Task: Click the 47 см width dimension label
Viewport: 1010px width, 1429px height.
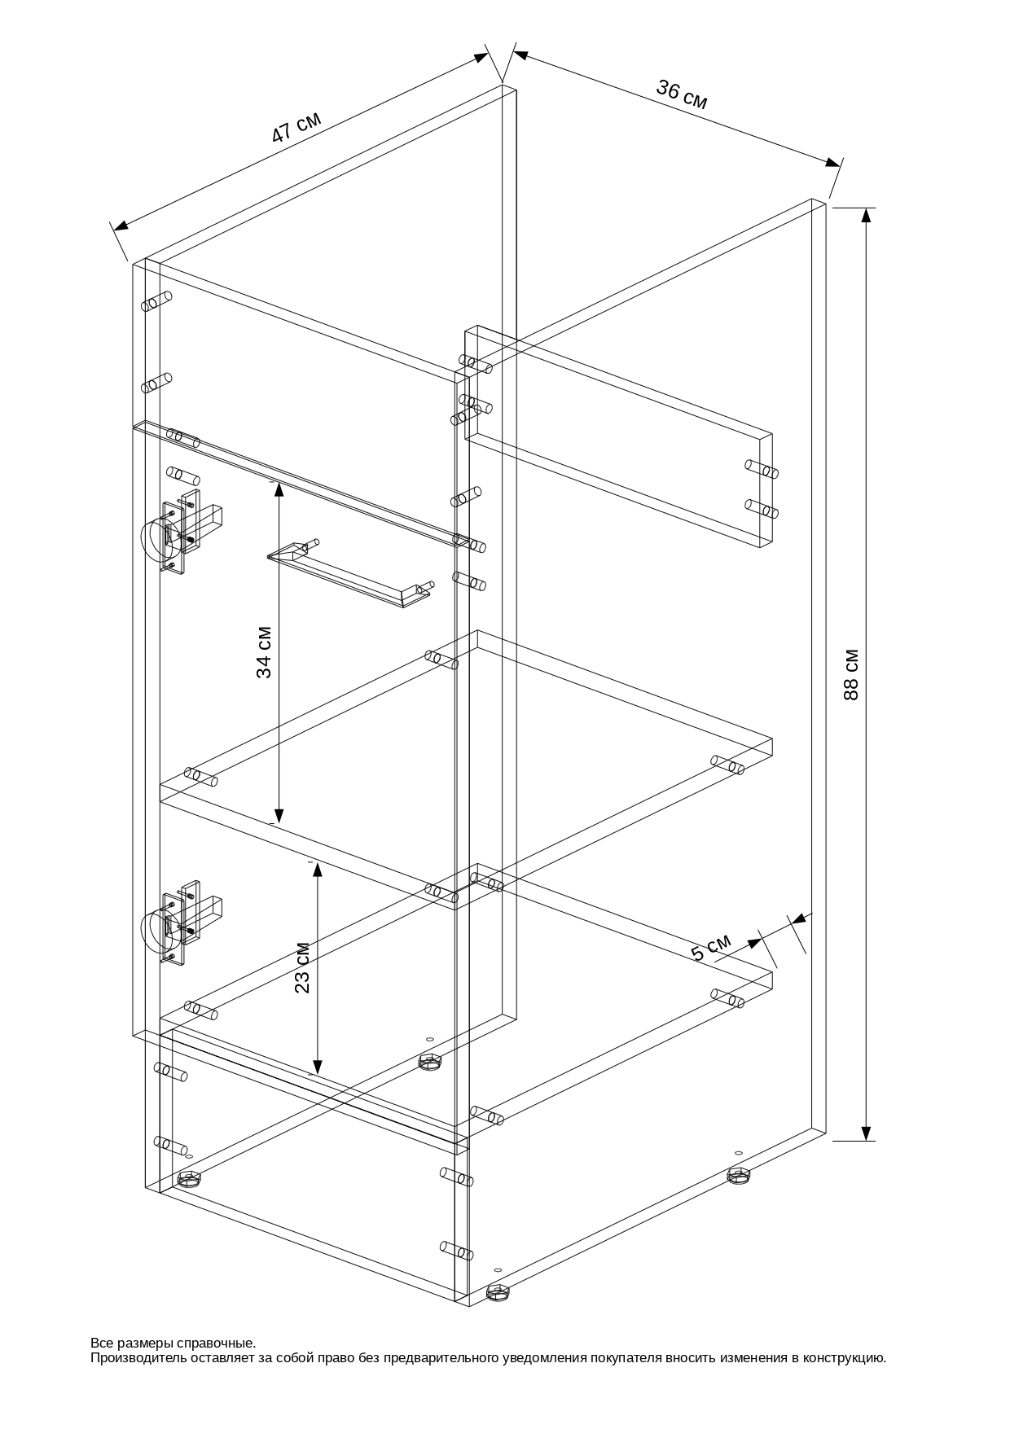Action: point(296,127)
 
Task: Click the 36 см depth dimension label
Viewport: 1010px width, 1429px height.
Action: point(682,94)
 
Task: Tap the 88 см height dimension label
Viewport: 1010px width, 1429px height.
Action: point(851,674)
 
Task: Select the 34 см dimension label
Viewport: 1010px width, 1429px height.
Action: point(264,652)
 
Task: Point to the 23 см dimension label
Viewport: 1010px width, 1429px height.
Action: point(302,967)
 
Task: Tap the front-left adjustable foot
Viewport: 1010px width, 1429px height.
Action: point(189,1180)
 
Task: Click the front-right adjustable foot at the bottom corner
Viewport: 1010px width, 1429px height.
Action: point(498,1292)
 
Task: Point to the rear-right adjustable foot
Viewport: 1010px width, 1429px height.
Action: point(739,1175)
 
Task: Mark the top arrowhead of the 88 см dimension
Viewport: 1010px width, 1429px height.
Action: point(866,214)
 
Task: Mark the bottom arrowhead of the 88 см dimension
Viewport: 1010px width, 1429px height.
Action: point(866,1133)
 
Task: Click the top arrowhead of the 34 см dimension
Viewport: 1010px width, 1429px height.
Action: point(279,489)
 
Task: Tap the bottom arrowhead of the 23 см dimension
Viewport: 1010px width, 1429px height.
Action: point(318,1067)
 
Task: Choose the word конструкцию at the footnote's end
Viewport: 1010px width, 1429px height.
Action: point(844,1357)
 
